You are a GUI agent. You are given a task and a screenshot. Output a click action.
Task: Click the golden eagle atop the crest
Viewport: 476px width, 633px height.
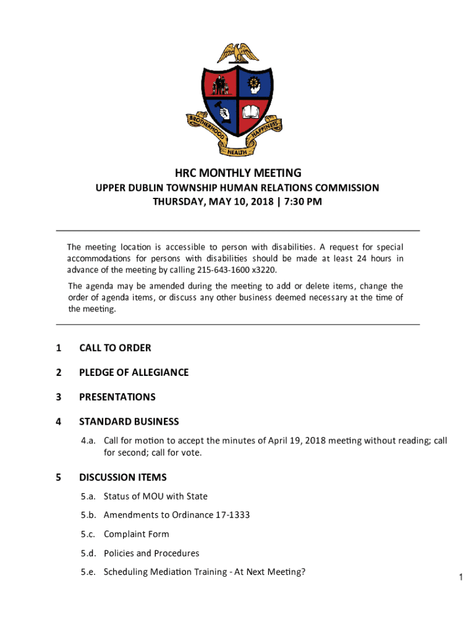pos(238,52)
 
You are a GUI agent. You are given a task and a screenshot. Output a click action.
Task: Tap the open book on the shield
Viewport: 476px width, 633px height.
pos(252,113)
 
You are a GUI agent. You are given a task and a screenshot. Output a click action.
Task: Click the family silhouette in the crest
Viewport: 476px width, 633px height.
pos(221,85)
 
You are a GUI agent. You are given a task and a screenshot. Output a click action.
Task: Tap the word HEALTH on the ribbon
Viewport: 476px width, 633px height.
pos(237,151)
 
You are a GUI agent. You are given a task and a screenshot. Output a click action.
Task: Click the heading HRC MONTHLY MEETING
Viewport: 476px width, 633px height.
pos(237,173)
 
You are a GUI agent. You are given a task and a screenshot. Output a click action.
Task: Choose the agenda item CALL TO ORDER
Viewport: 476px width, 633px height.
pos(115,348)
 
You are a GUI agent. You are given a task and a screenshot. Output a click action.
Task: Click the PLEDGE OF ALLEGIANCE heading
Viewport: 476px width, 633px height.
pos(134,372)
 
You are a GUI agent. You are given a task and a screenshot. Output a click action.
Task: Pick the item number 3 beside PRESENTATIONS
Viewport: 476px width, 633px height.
pos(58,397)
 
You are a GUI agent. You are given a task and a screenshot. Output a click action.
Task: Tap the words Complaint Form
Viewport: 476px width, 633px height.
pos(136,534)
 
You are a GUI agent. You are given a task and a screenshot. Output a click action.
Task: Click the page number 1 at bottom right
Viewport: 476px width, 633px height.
pos(461,577)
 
